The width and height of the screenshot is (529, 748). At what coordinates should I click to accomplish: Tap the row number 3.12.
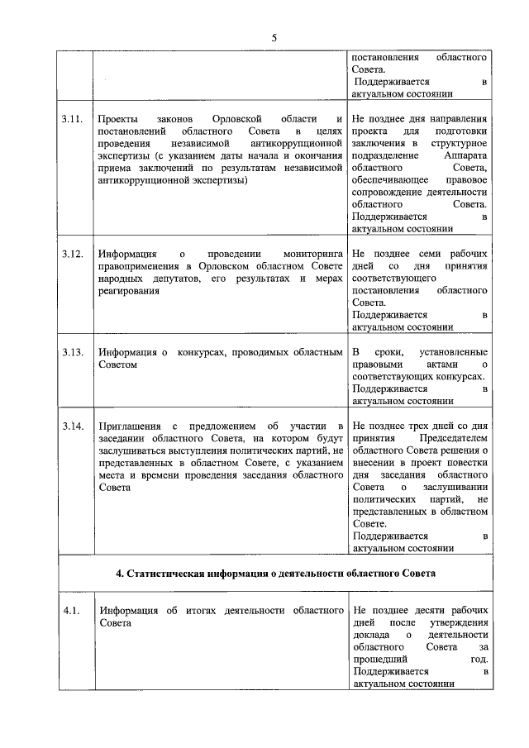coord(72,254)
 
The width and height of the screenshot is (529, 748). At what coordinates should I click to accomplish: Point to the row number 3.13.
coord(72,353)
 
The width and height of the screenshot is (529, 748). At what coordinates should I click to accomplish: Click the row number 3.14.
coord(72,426)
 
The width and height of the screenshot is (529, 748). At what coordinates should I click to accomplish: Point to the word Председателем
coord(454,438)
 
